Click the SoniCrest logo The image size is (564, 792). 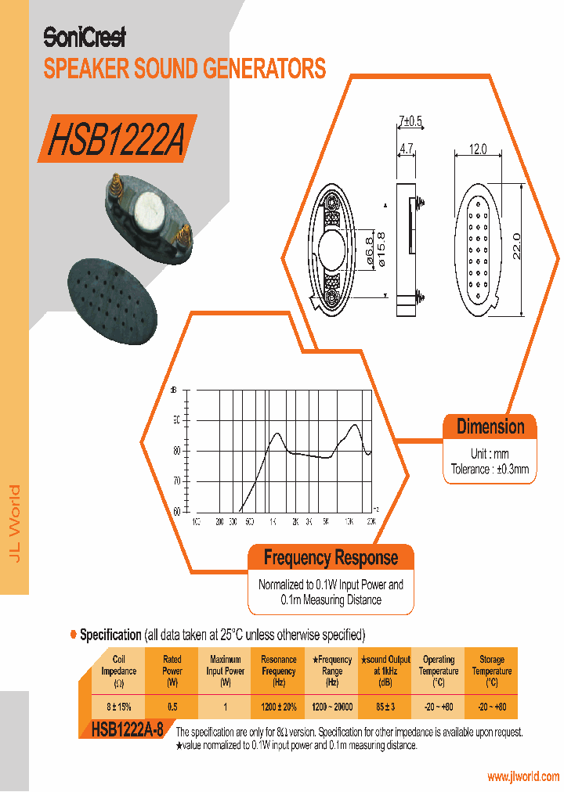click(84, 37)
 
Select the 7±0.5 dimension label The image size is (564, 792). click(410, 121)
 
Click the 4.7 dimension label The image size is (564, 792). click(407, 147)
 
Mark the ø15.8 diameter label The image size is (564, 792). click(381, 250)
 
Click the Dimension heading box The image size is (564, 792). click(490, 427)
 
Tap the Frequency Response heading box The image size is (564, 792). click(331, 558)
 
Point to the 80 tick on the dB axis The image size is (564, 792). click(176, 451)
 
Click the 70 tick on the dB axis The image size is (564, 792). click(176, 481)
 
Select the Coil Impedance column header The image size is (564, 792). click(119, 671)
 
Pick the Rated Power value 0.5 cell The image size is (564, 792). click(172, 707)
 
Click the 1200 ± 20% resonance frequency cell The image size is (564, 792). click(279, 707)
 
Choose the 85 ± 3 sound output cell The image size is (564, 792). click(385, 707)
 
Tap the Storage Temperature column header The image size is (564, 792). click(492, 671)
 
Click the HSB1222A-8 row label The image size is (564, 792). click(127, 729)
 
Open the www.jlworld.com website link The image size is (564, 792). click(523, 776)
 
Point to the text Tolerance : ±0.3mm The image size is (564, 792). click(490, 470)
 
